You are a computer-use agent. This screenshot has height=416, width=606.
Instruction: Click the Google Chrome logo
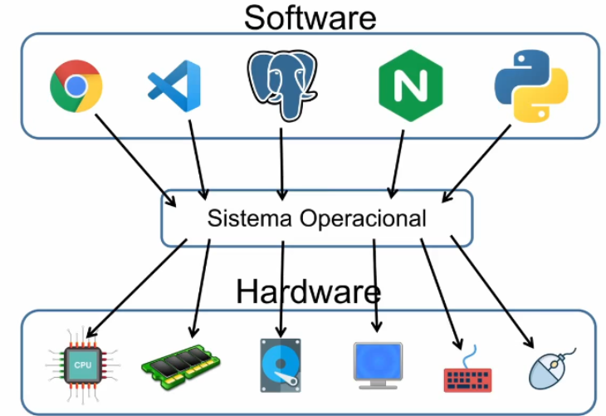click(x=76, y=86)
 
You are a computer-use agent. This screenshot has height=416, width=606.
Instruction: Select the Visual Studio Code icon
click(x=174, y=86)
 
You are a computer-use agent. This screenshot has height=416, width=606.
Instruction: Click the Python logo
click(x=531, y=86)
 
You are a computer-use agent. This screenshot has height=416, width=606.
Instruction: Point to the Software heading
click(x=310, y=17)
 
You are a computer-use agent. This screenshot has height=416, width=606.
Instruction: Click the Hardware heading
click(x=308, y=291)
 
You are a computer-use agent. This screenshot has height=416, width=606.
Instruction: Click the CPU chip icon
click(x=83, y=365)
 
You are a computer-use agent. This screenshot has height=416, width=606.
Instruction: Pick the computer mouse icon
click(x=552, y=368)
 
